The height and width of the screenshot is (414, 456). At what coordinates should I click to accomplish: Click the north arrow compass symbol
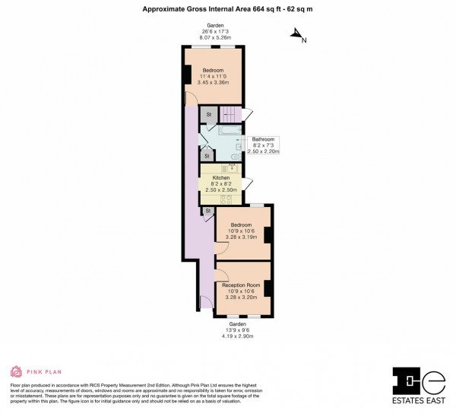pos(297,35)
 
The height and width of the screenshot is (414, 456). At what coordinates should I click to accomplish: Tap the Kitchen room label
pos(220,178)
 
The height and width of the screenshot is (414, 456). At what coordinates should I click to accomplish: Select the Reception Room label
pos(242,285)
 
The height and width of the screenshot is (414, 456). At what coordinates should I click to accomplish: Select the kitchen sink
pos(233,169)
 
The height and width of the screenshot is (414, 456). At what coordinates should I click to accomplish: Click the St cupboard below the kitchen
pos(207,211)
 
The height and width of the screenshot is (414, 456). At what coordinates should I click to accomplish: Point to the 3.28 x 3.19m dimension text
pos(242,237)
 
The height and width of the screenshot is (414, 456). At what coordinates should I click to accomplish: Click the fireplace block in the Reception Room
pos(268,288)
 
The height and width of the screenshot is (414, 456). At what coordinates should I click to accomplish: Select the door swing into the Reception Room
pos(221,269)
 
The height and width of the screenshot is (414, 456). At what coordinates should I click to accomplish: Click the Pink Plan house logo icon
pos(15,371)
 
